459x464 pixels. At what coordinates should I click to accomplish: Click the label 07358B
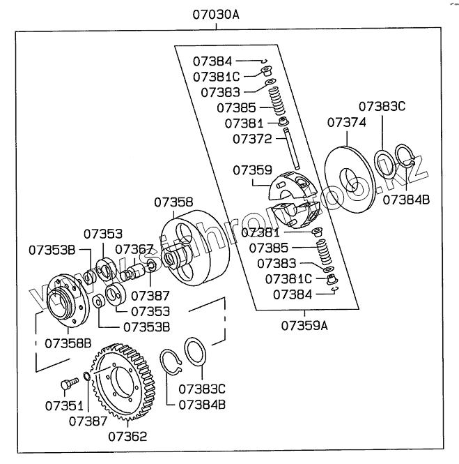coord(68,343)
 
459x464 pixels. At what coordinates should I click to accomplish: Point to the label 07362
coord(127,437)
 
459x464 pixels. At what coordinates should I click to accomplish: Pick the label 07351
coord(65,405)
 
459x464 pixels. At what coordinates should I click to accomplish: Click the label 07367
coord(134,249)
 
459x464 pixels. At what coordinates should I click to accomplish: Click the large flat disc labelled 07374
coord(355,177)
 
